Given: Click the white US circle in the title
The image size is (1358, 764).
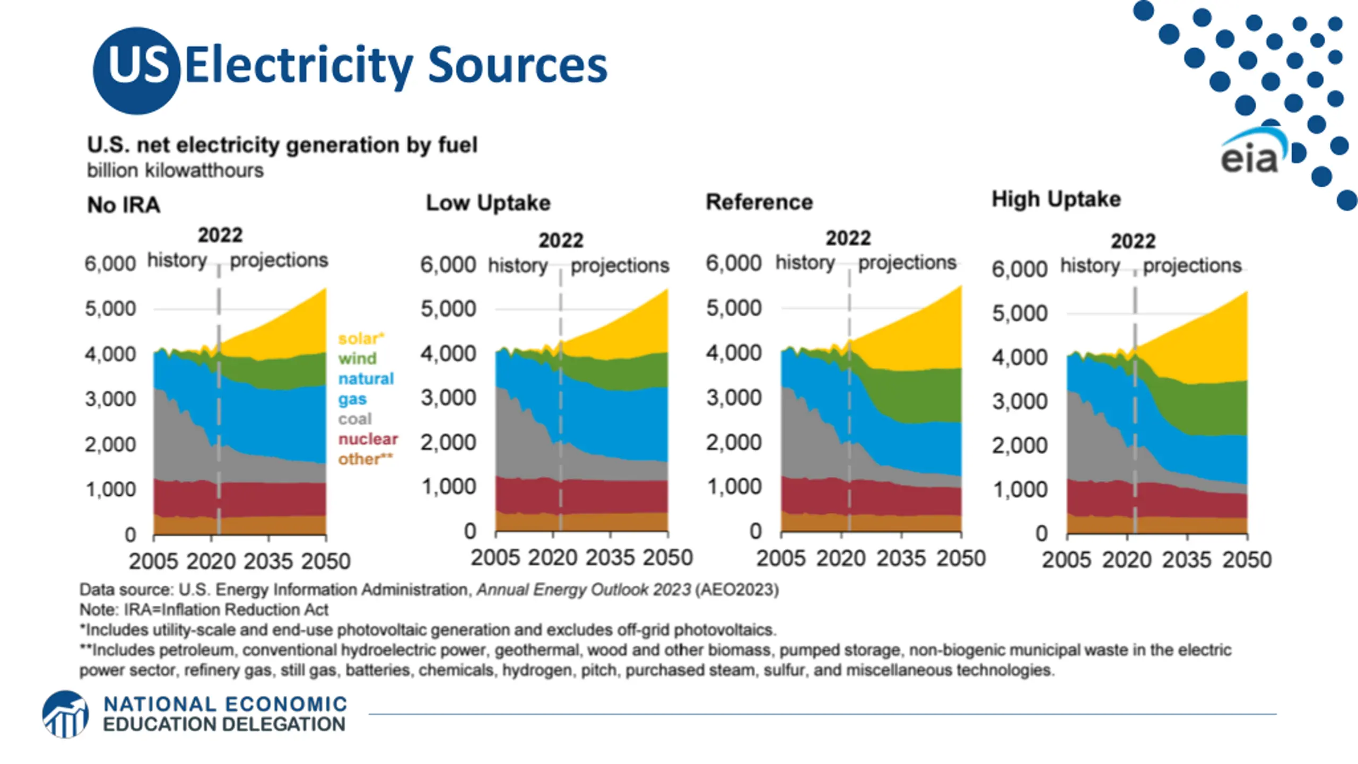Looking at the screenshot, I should (x=137, y=70).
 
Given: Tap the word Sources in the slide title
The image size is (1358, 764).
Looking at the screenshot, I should (x=517, y=66).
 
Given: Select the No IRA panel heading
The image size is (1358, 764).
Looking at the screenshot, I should (x=124, y=205).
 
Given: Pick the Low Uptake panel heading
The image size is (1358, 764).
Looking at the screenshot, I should (x=488, y=203).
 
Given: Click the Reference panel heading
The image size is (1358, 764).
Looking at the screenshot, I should (x=759, y=202).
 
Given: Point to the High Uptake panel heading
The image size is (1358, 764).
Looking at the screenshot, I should (x=1056, y=199).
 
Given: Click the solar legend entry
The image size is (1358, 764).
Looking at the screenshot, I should (x=361, y=338).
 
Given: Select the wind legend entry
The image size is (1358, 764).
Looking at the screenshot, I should (x=358, y=359).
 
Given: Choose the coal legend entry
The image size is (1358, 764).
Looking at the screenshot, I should (x=355, y=419).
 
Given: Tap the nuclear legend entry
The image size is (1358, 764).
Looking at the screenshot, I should (x=368, y=439).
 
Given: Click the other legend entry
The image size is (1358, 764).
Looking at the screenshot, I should (x=365, y=459).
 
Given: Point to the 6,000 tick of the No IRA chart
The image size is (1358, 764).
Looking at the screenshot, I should (x=110, y=263).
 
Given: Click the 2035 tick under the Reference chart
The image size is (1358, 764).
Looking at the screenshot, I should (x=901, y=558).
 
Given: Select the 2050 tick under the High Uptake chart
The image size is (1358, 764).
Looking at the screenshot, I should (x=1247, y=560).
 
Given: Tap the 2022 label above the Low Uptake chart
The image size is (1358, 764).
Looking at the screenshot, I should (x=561, y=241).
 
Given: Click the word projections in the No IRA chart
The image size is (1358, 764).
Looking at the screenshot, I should (x=279, y=261).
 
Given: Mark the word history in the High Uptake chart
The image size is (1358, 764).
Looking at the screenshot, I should (x=1090, y=265).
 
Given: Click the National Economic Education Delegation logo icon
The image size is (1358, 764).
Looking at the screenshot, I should (x=66, y=714).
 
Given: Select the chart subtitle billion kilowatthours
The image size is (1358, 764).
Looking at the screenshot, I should (x=175, y=171).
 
